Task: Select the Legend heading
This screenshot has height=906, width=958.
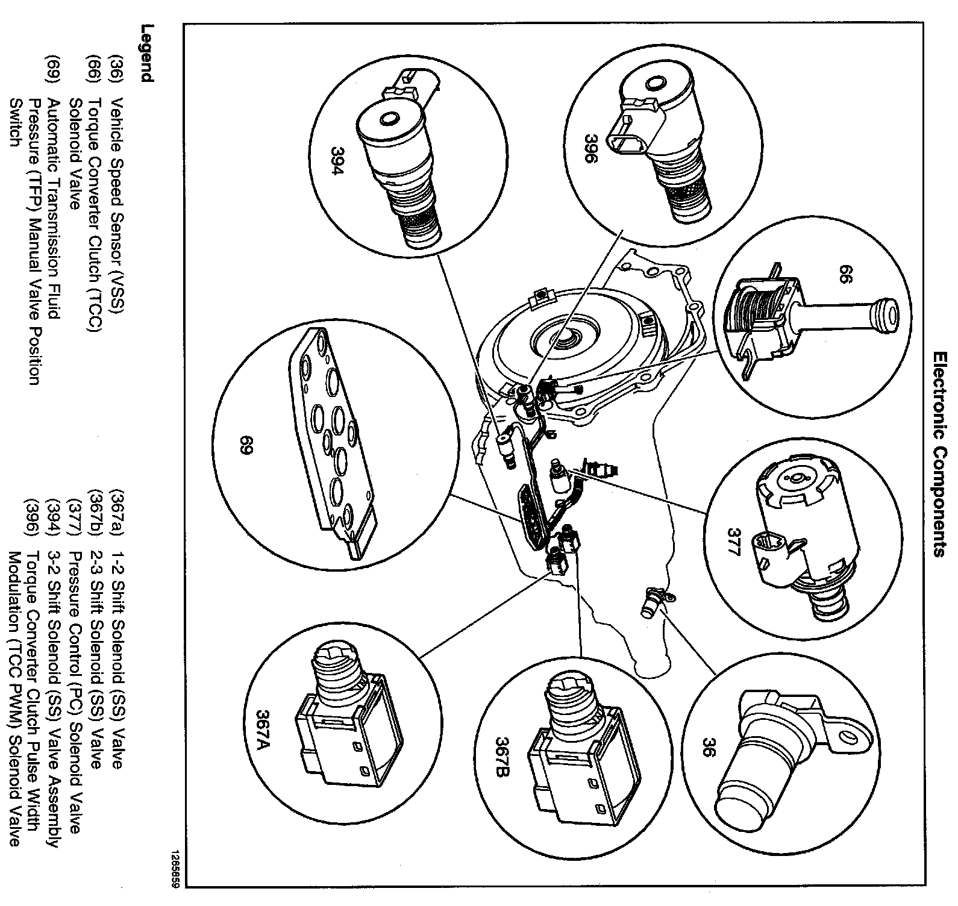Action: click(146, 52)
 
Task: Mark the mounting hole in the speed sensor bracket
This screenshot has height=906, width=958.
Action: click(850, 739)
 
